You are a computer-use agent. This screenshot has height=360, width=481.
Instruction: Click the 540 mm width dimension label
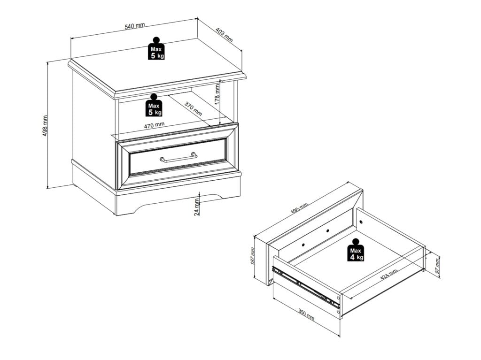pos(135,26)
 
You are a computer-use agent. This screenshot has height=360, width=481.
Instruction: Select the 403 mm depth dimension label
pos(224,35)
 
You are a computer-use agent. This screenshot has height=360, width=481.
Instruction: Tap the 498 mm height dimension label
pos(45,126)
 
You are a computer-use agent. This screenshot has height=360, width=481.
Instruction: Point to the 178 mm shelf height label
pos(217,95)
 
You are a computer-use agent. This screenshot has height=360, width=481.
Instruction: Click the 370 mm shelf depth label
pos(193,108)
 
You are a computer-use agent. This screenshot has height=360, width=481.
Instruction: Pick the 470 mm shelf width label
pos(154,125)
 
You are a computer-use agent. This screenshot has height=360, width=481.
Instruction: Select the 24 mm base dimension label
pos(197,207)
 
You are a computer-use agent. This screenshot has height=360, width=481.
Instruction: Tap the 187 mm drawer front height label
pos(252,256)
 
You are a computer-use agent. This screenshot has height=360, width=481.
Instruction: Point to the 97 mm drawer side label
pos(437,266)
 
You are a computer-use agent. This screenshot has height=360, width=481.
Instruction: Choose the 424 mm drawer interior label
pos(388,274)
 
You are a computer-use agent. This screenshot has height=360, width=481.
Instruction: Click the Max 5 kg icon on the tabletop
pos(156,48)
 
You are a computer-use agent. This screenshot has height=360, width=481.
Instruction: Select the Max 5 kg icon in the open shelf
pos(154,105)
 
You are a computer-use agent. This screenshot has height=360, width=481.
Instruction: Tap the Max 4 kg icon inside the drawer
pos(356,250)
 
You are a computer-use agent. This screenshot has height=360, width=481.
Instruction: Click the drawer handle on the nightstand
pos(178,157)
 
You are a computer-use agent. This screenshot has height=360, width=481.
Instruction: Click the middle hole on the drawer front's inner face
pos(327,230)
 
